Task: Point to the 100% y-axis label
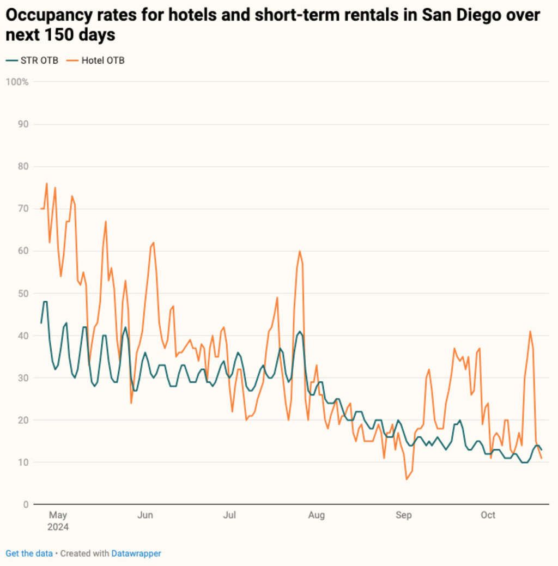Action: [17, 82]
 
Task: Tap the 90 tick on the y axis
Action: [23, 124]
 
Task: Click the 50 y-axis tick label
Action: [23, 293]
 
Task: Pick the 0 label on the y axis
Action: [26, 504]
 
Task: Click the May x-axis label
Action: [57, 515]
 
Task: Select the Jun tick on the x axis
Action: [145, 515]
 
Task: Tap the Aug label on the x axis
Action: [316, 515]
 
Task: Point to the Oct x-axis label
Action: [488, 515]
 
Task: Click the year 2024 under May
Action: [58, 527]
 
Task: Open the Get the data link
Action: [29, 553]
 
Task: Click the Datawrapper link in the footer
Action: [136, 553]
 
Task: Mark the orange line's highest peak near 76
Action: [47, 184]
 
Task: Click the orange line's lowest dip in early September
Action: [407, 479]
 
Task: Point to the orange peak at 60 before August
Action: [300, 251]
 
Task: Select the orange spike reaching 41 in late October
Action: [530, 331]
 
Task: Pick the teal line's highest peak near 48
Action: [45, 302]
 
